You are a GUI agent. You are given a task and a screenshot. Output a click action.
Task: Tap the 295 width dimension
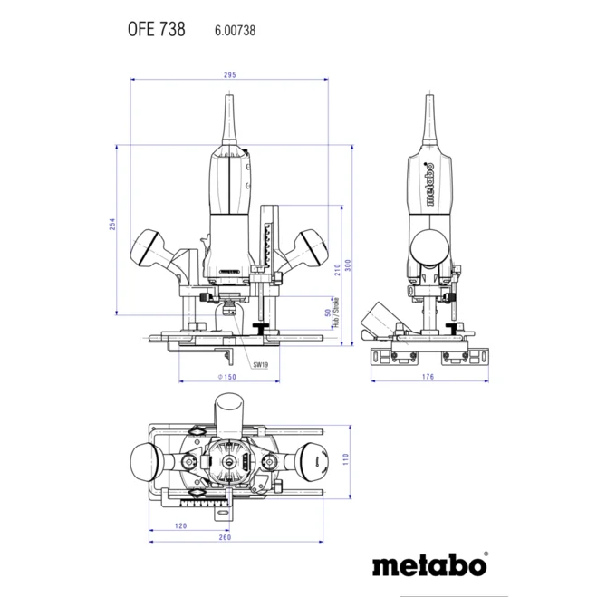tap(229, 75)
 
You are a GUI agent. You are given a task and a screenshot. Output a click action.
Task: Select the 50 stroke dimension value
tap(328, 313)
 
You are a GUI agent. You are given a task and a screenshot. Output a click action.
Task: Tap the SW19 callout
tap(260, 364)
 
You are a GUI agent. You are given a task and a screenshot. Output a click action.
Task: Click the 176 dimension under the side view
tap(428, 376)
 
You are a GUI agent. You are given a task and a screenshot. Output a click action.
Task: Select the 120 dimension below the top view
tap(179, 525)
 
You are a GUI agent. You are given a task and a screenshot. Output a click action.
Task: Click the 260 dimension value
tap(225, 538)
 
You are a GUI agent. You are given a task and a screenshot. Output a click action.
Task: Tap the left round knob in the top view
tap(144, 461)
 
